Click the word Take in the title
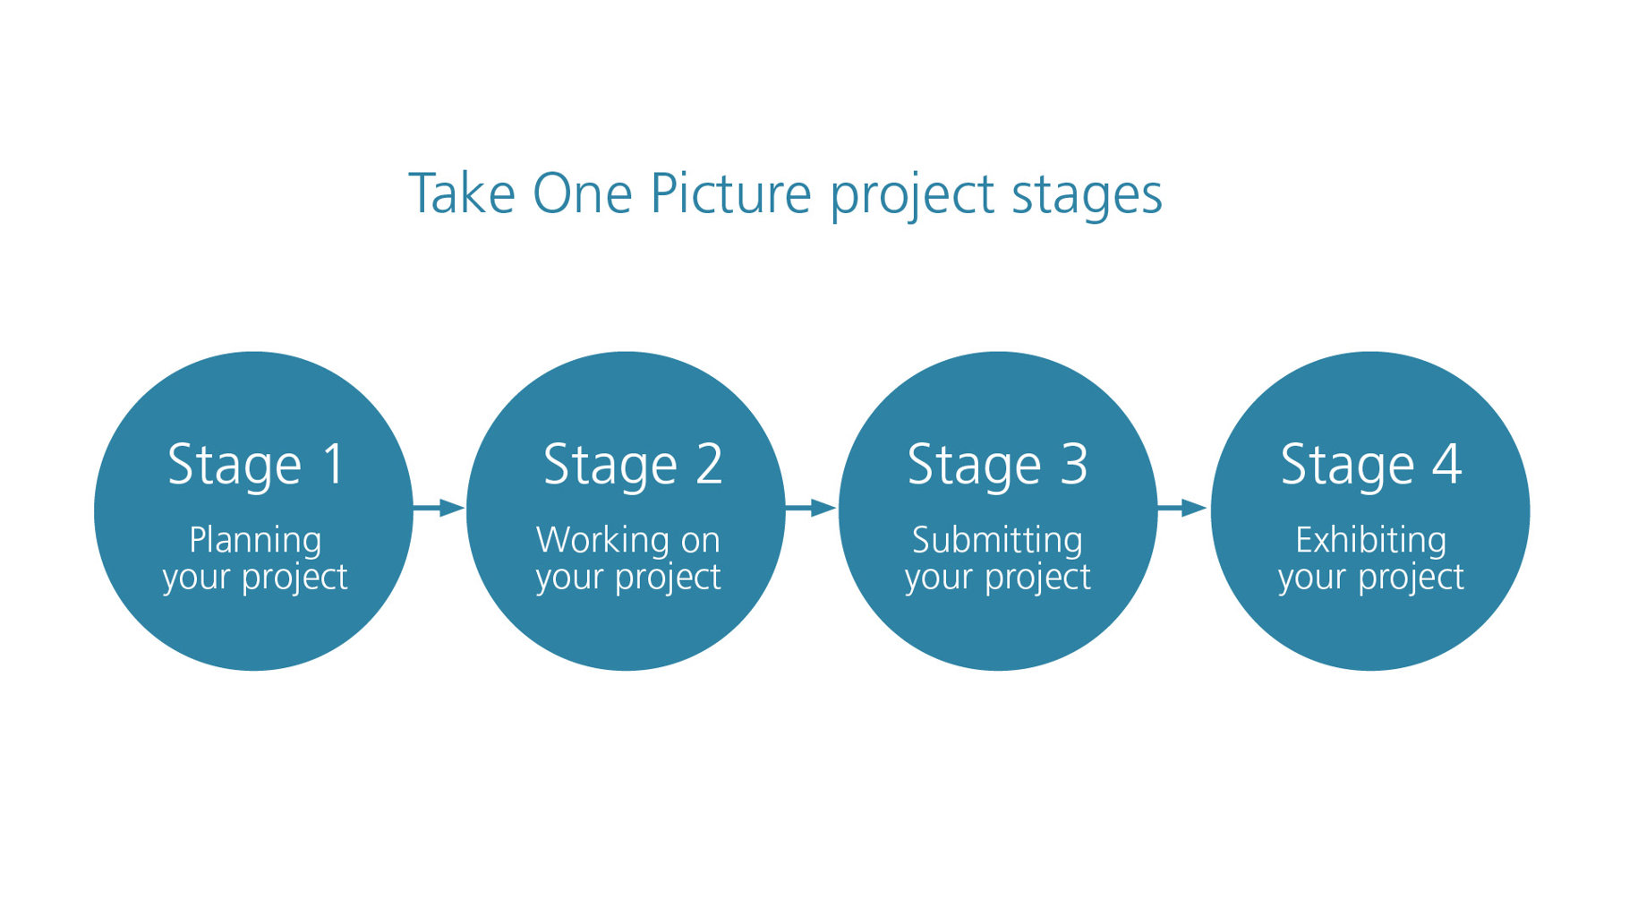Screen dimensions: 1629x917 coord(462,193)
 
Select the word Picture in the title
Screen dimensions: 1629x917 coord(730,193)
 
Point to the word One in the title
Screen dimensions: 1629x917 coord(583,193)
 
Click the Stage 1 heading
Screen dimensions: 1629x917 coord(256,466)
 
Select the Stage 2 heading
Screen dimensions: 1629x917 coord(633,466)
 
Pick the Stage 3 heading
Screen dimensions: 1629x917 coord(997,466)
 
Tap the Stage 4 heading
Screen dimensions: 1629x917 coord(1371,466)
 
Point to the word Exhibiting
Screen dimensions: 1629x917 coord(1370,541)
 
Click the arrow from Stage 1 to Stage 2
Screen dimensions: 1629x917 coord(439,509)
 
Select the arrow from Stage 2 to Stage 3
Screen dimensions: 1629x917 coord(811,509)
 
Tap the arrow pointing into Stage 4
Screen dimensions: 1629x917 coord(1183,509)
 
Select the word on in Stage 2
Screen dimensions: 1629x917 coord(700,543)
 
